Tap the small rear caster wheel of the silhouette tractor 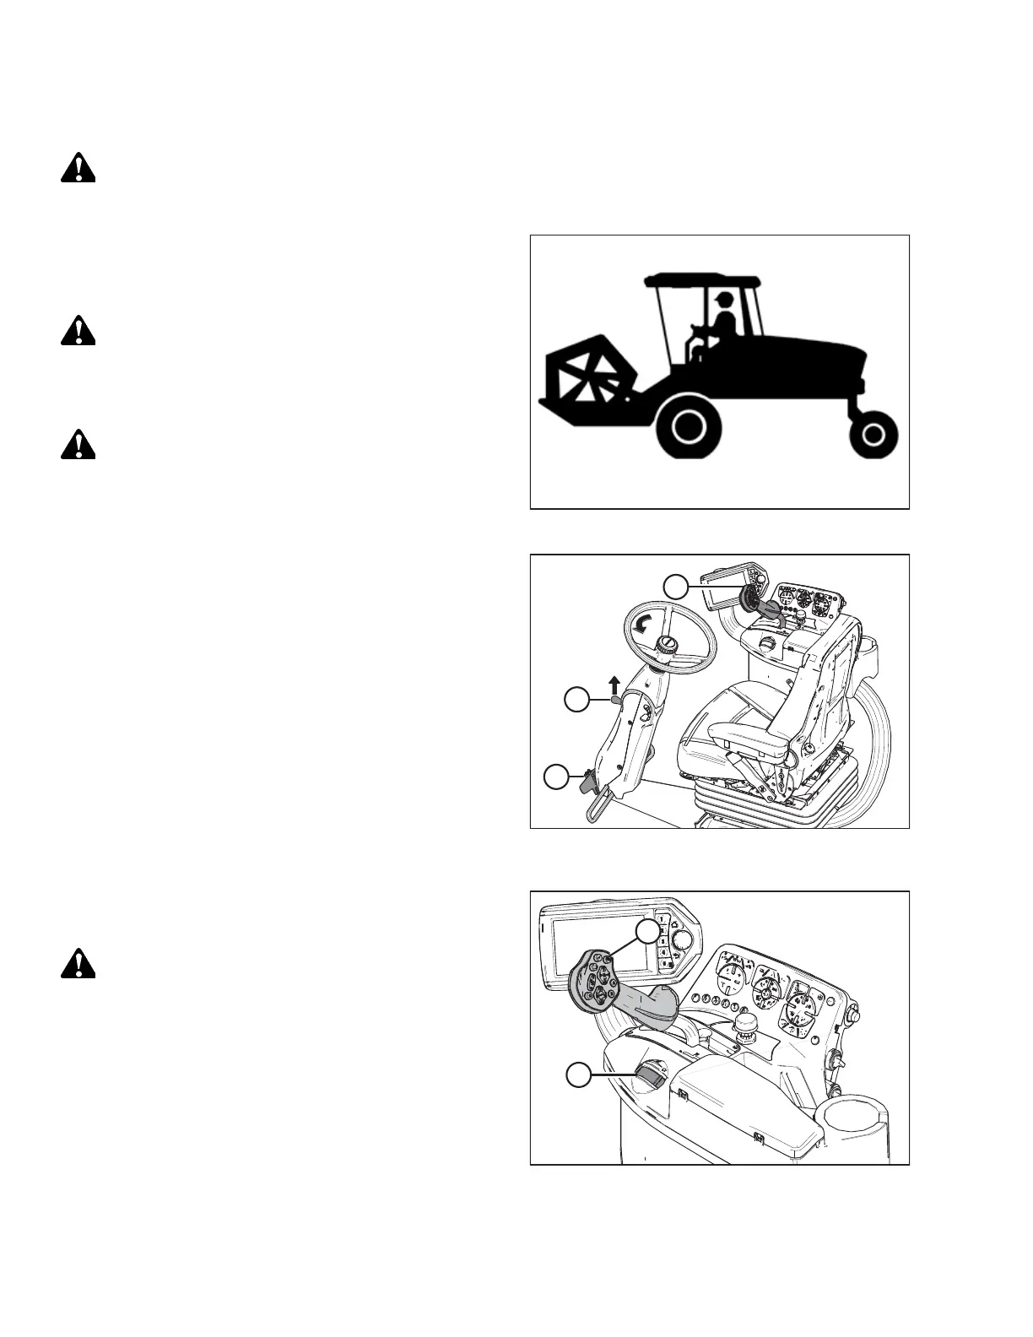tap(874, 436)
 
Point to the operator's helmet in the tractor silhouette tap(722, 300)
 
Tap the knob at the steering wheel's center tap(668, 645)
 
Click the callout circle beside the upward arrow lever tap(576, 699)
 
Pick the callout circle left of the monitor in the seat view tap(676, 585)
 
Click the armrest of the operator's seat tap(743, 732)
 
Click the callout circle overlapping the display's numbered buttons tap(648, 932)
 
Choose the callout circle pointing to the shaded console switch tap(577, 1074)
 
